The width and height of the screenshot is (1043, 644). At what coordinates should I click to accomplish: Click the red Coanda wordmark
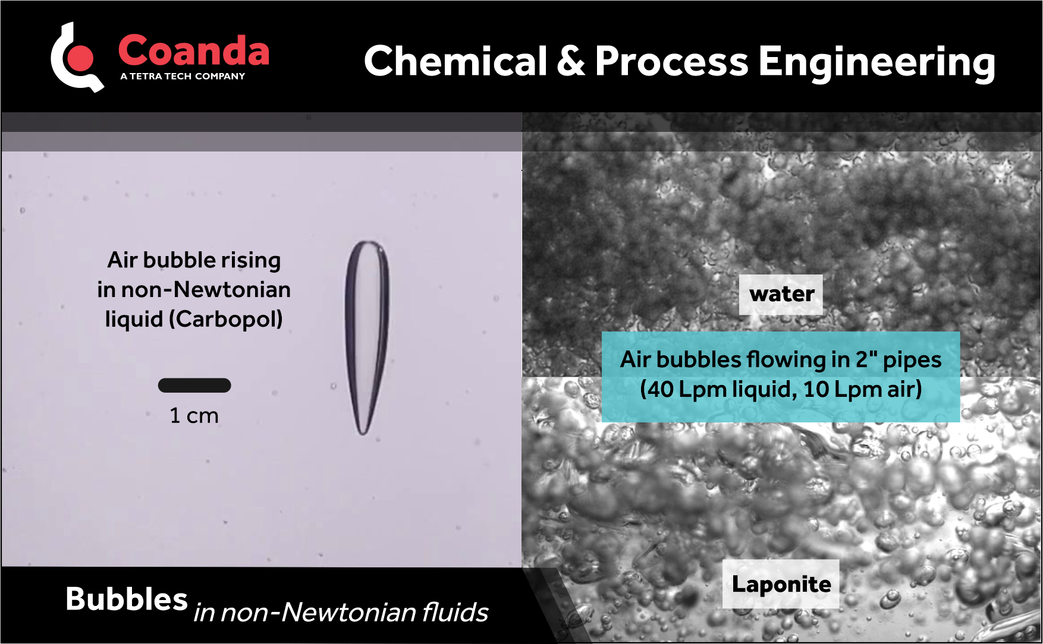(193, 51)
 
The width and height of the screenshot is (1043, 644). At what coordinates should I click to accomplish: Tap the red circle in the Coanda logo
(81, 58)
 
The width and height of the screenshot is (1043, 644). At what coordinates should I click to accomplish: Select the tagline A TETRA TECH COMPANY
(182, 76)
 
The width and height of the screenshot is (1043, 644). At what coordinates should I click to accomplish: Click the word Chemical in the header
(455, 61)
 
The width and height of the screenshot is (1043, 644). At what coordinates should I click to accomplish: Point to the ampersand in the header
(571, 61)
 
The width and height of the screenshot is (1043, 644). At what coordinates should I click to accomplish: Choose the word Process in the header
(671, 61)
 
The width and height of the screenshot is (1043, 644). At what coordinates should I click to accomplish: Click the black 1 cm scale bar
(194, 386)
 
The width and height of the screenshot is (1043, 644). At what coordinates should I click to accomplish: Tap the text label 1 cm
(194, 415)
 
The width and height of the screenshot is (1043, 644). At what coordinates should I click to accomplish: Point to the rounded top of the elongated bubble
(367, 244)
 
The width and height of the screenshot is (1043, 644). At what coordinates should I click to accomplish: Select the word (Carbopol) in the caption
(226, 319)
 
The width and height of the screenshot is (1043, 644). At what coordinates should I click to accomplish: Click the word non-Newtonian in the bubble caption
(206, 289)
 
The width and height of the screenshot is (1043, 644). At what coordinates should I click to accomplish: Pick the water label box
(781, 294)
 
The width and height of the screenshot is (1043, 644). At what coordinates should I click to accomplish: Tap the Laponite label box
(781, 584)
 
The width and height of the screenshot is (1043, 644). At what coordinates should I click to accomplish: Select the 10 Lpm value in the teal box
(832, 390)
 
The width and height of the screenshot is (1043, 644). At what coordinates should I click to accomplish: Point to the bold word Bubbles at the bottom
(127, 599)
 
